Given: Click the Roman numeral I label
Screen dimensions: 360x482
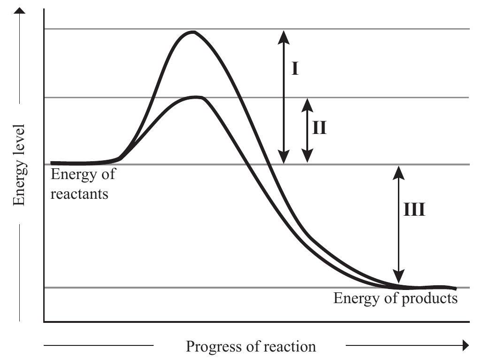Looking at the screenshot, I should click(295, 69).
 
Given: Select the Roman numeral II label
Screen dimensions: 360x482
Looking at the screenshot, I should click(319, 127).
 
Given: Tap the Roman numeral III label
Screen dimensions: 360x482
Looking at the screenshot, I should click(414, 210).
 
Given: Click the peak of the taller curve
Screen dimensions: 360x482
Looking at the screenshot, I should click(192, 32).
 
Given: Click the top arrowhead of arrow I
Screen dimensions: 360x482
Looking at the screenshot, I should click(283, 34).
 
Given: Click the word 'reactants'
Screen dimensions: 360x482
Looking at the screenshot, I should click(79, 193).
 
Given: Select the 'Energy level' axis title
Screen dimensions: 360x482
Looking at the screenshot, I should click(19, 165).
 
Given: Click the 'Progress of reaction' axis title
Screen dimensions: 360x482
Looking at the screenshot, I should click(251, 347).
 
